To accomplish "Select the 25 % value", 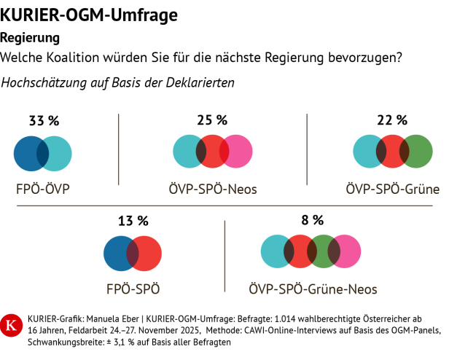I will [212, 120].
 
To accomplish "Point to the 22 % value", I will [392, 120].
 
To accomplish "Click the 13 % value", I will [133, 220].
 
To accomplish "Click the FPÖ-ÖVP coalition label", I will [42, 190].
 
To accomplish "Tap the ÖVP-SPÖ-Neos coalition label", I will [212, 190].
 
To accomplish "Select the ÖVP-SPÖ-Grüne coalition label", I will [392, 190].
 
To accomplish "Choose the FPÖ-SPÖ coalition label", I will [133, 289].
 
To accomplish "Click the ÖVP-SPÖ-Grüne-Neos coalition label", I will [313, 289].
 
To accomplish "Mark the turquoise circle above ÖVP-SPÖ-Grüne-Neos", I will [276, 252].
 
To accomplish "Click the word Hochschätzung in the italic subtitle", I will [42, 83].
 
